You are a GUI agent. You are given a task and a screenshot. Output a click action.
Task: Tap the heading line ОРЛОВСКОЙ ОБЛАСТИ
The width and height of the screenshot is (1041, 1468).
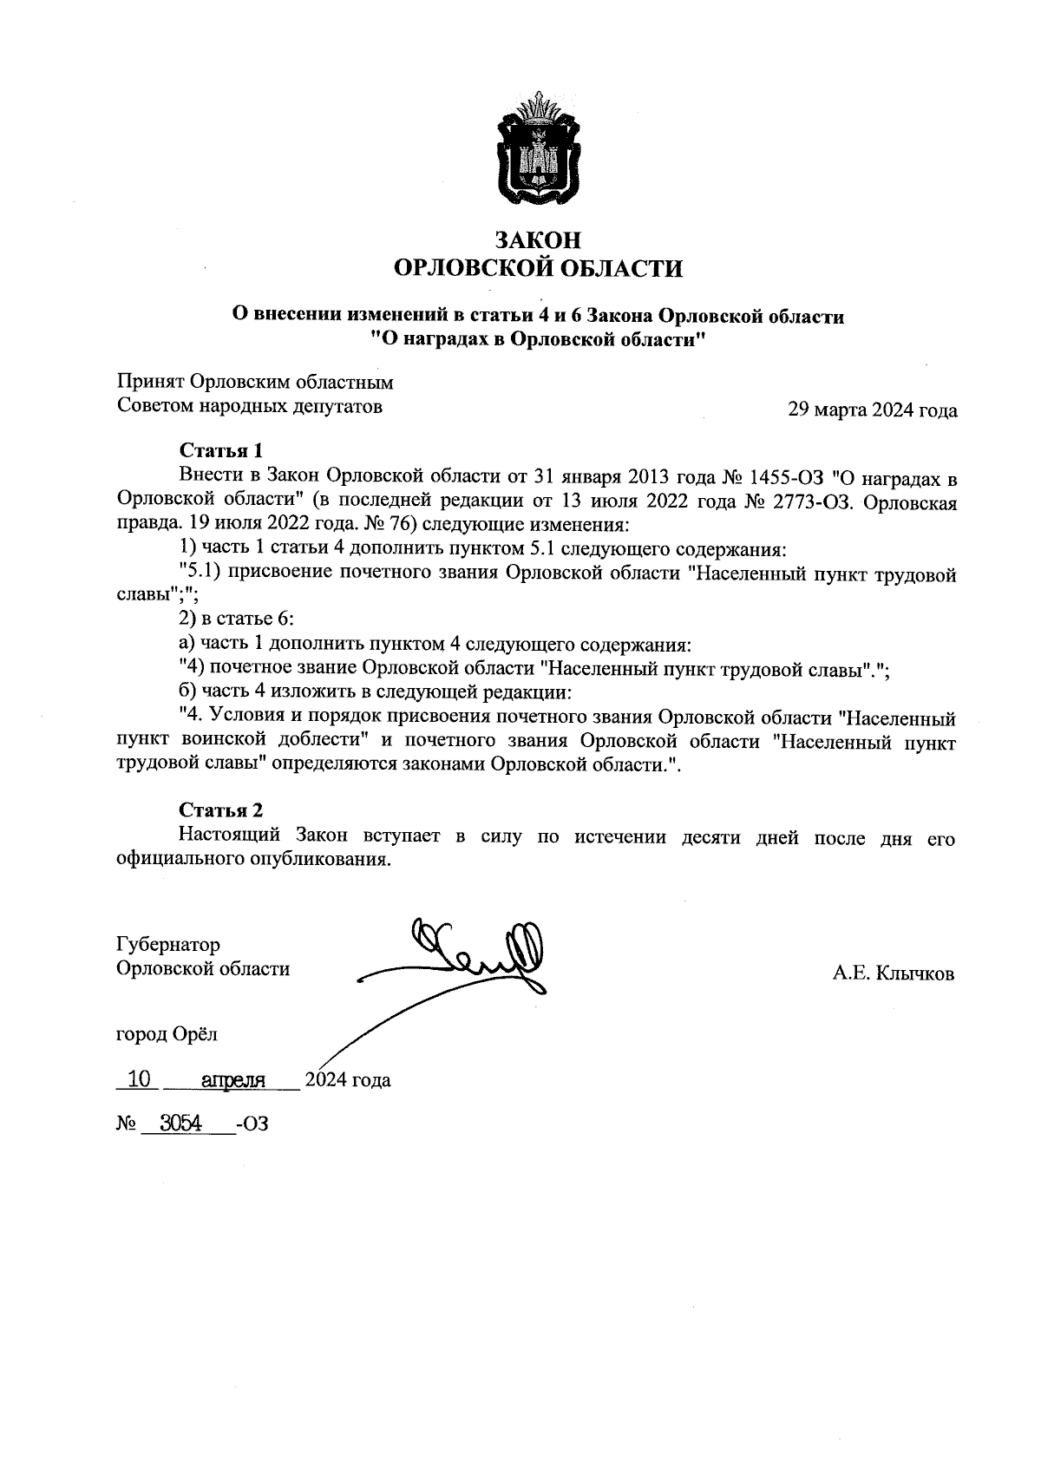538,268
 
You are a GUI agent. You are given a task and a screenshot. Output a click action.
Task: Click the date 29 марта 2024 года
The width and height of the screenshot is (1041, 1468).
872,410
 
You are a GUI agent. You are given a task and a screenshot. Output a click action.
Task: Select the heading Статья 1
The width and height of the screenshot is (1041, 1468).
220,450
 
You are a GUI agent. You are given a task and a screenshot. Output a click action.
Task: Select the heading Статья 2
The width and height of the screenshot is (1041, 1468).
220,810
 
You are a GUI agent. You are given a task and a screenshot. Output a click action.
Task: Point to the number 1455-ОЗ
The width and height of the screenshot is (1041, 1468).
781,477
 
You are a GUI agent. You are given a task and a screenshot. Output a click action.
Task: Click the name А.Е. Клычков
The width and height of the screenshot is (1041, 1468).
894,973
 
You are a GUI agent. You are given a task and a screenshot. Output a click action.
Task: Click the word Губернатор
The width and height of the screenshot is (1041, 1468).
168,944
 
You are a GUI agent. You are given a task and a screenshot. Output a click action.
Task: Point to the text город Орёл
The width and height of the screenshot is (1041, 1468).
167,1034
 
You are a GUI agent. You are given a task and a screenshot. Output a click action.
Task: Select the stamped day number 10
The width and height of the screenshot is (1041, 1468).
139,1079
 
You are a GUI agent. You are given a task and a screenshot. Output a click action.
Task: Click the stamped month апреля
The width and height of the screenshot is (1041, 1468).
232,1080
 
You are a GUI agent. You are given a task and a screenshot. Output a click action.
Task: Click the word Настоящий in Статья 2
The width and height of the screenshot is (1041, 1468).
230,837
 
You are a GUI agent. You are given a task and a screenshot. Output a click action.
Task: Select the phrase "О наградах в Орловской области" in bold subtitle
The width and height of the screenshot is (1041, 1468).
538,339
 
